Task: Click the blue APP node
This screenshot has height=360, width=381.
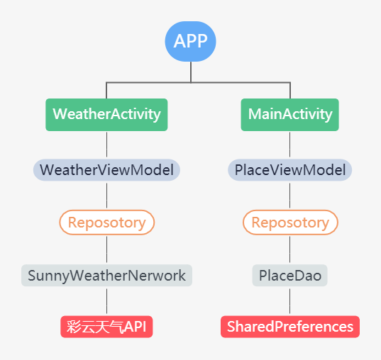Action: tap(190, 41)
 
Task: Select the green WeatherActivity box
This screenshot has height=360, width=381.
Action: tap(106, 114)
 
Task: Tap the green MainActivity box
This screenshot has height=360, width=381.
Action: tap(289, 114)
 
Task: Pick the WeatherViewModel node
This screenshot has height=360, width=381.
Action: tap(106, 170)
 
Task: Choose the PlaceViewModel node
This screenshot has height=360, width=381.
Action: tap(289, 170)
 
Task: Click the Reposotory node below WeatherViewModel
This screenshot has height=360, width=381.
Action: tap(106, 223)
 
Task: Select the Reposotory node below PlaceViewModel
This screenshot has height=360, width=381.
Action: tap(289, 223)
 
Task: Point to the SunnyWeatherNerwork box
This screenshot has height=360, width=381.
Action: tap(106, 275)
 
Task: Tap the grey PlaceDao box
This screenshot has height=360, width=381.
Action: tap(289, 275)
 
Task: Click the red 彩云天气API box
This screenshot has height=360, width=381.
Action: tap(106, 327)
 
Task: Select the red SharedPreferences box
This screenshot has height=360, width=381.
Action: tap(289, 327)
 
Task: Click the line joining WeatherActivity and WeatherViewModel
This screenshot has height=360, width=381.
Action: tap(106, 145)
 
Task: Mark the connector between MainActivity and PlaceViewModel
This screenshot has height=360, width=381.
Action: tap(289, 145)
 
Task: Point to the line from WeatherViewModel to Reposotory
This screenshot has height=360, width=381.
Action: tap(106, 196)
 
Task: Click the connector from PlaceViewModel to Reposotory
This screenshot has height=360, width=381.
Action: tap(289, 196)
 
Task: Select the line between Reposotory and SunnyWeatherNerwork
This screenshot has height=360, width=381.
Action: tap(106, 249)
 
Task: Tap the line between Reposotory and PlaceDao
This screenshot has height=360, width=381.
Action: tap(289, 249)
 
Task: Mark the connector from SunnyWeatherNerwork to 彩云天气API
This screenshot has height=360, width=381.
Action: tap(106, 300)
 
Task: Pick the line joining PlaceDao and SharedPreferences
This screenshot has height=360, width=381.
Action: tap(289, 300)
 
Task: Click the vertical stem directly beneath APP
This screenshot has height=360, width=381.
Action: tap(191, 72)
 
